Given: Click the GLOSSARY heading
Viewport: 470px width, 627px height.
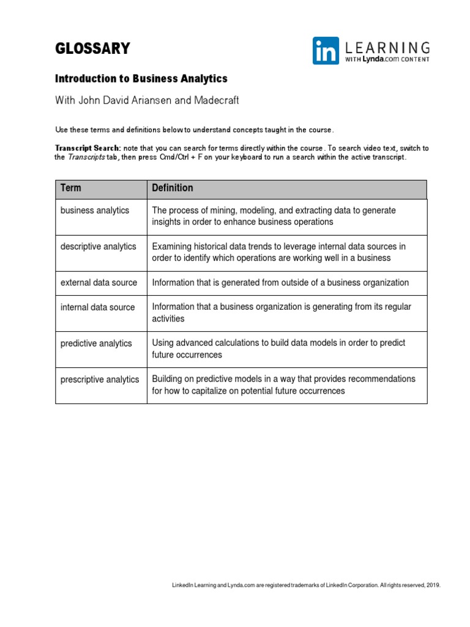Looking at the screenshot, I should (92, 49).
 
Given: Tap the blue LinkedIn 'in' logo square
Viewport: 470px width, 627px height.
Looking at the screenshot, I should (326, 50).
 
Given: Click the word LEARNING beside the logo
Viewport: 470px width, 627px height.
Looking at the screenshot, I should (387, 47).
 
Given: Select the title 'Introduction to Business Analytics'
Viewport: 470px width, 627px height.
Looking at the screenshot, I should (141, 79).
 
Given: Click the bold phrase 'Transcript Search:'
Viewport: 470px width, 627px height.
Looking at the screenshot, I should (88, 148).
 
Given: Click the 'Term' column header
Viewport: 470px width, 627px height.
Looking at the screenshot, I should (70, 188).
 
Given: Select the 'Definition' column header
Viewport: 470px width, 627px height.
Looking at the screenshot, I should (173, 188).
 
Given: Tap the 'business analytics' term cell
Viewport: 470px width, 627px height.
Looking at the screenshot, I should (95, 210).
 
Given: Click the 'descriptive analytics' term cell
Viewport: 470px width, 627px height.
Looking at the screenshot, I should (98, 246).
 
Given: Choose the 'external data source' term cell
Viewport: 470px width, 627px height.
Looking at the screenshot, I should (99, 282).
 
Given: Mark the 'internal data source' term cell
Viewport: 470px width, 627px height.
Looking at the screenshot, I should (97, 307).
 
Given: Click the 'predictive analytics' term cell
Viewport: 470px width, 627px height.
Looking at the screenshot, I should (96, 343).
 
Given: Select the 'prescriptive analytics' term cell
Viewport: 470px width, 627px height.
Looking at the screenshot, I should (100, 379).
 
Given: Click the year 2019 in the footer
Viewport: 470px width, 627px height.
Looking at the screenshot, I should (433, 585).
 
